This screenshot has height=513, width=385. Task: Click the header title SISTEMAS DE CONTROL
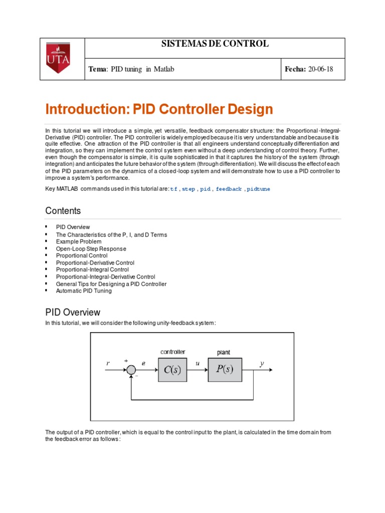[215, 44]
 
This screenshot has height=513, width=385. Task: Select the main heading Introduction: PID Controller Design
[159, 109]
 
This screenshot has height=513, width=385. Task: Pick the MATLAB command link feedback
[229, 189]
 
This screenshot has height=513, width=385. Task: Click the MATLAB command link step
[188, 189]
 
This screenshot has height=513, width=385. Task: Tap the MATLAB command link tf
[173, 189]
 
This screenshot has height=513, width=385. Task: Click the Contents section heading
[63, 210]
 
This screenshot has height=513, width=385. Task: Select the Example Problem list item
[78, 241]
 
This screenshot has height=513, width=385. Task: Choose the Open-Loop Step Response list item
[91, 248]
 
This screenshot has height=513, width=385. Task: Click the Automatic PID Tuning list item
[84, 291]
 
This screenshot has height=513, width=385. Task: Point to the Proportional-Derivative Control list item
[95, 263]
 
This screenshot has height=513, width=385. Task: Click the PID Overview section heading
[73, 313]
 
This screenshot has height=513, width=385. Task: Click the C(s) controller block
[172, 370]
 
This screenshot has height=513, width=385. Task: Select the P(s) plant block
[224, 370]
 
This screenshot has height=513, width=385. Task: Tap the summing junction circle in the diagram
[131, 370]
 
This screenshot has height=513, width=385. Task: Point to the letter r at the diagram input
[108, 363]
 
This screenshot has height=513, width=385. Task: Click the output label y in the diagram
[262, 364]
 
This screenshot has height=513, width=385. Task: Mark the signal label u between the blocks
[197, 364]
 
